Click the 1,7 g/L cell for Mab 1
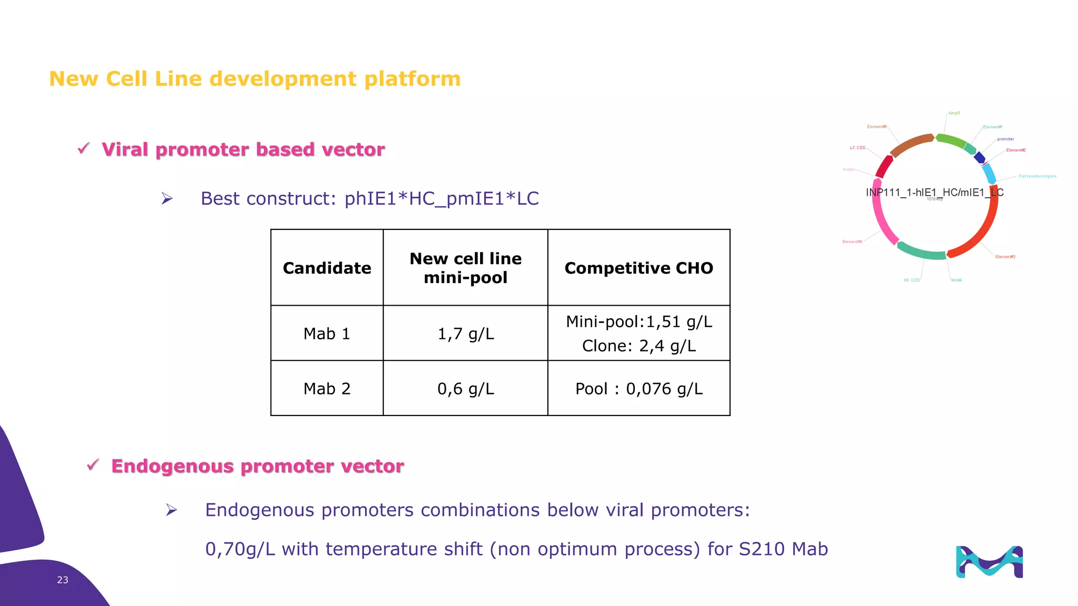pyautogui.click(x=465, y=334)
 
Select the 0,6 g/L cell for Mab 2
pyautogui.click(x=465, y=389)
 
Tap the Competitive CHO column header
pyautogui.click(x=638, y=268)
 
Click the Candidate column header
pyautogui.click(x=327, y=268)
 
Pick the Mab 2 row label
pyautogui.click(x=327, y=389)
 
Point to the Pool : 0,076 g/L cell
pyautogui.click(x=638, y=389)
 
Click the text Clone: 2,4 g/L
pyautogui.click(x=638, y=346)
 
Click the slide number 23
pyautogui.click(x=63, y=580)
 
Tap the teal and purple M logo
pyautogui.click(x=989, y=562)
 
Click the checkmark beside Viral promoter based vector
pyautogui.click(x=84, y=149)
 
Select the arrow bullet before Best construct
pyautogui.click(x=167, y=198)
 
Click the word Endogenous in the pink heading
pyautogui.click(x=172, y=466)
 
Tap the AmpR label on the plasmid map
pyautogui.click(x=954, y=113)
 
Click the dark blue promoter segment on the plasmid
pyautogui.click(x=980, y=158)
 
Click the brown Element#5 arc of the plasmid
pyautogui.click(x=911, y=144)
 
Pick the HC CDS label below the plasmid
pyautogui.click(x=911, y=280)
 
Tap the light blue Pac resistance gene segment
pyautogui.click(x=989, y=174)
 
